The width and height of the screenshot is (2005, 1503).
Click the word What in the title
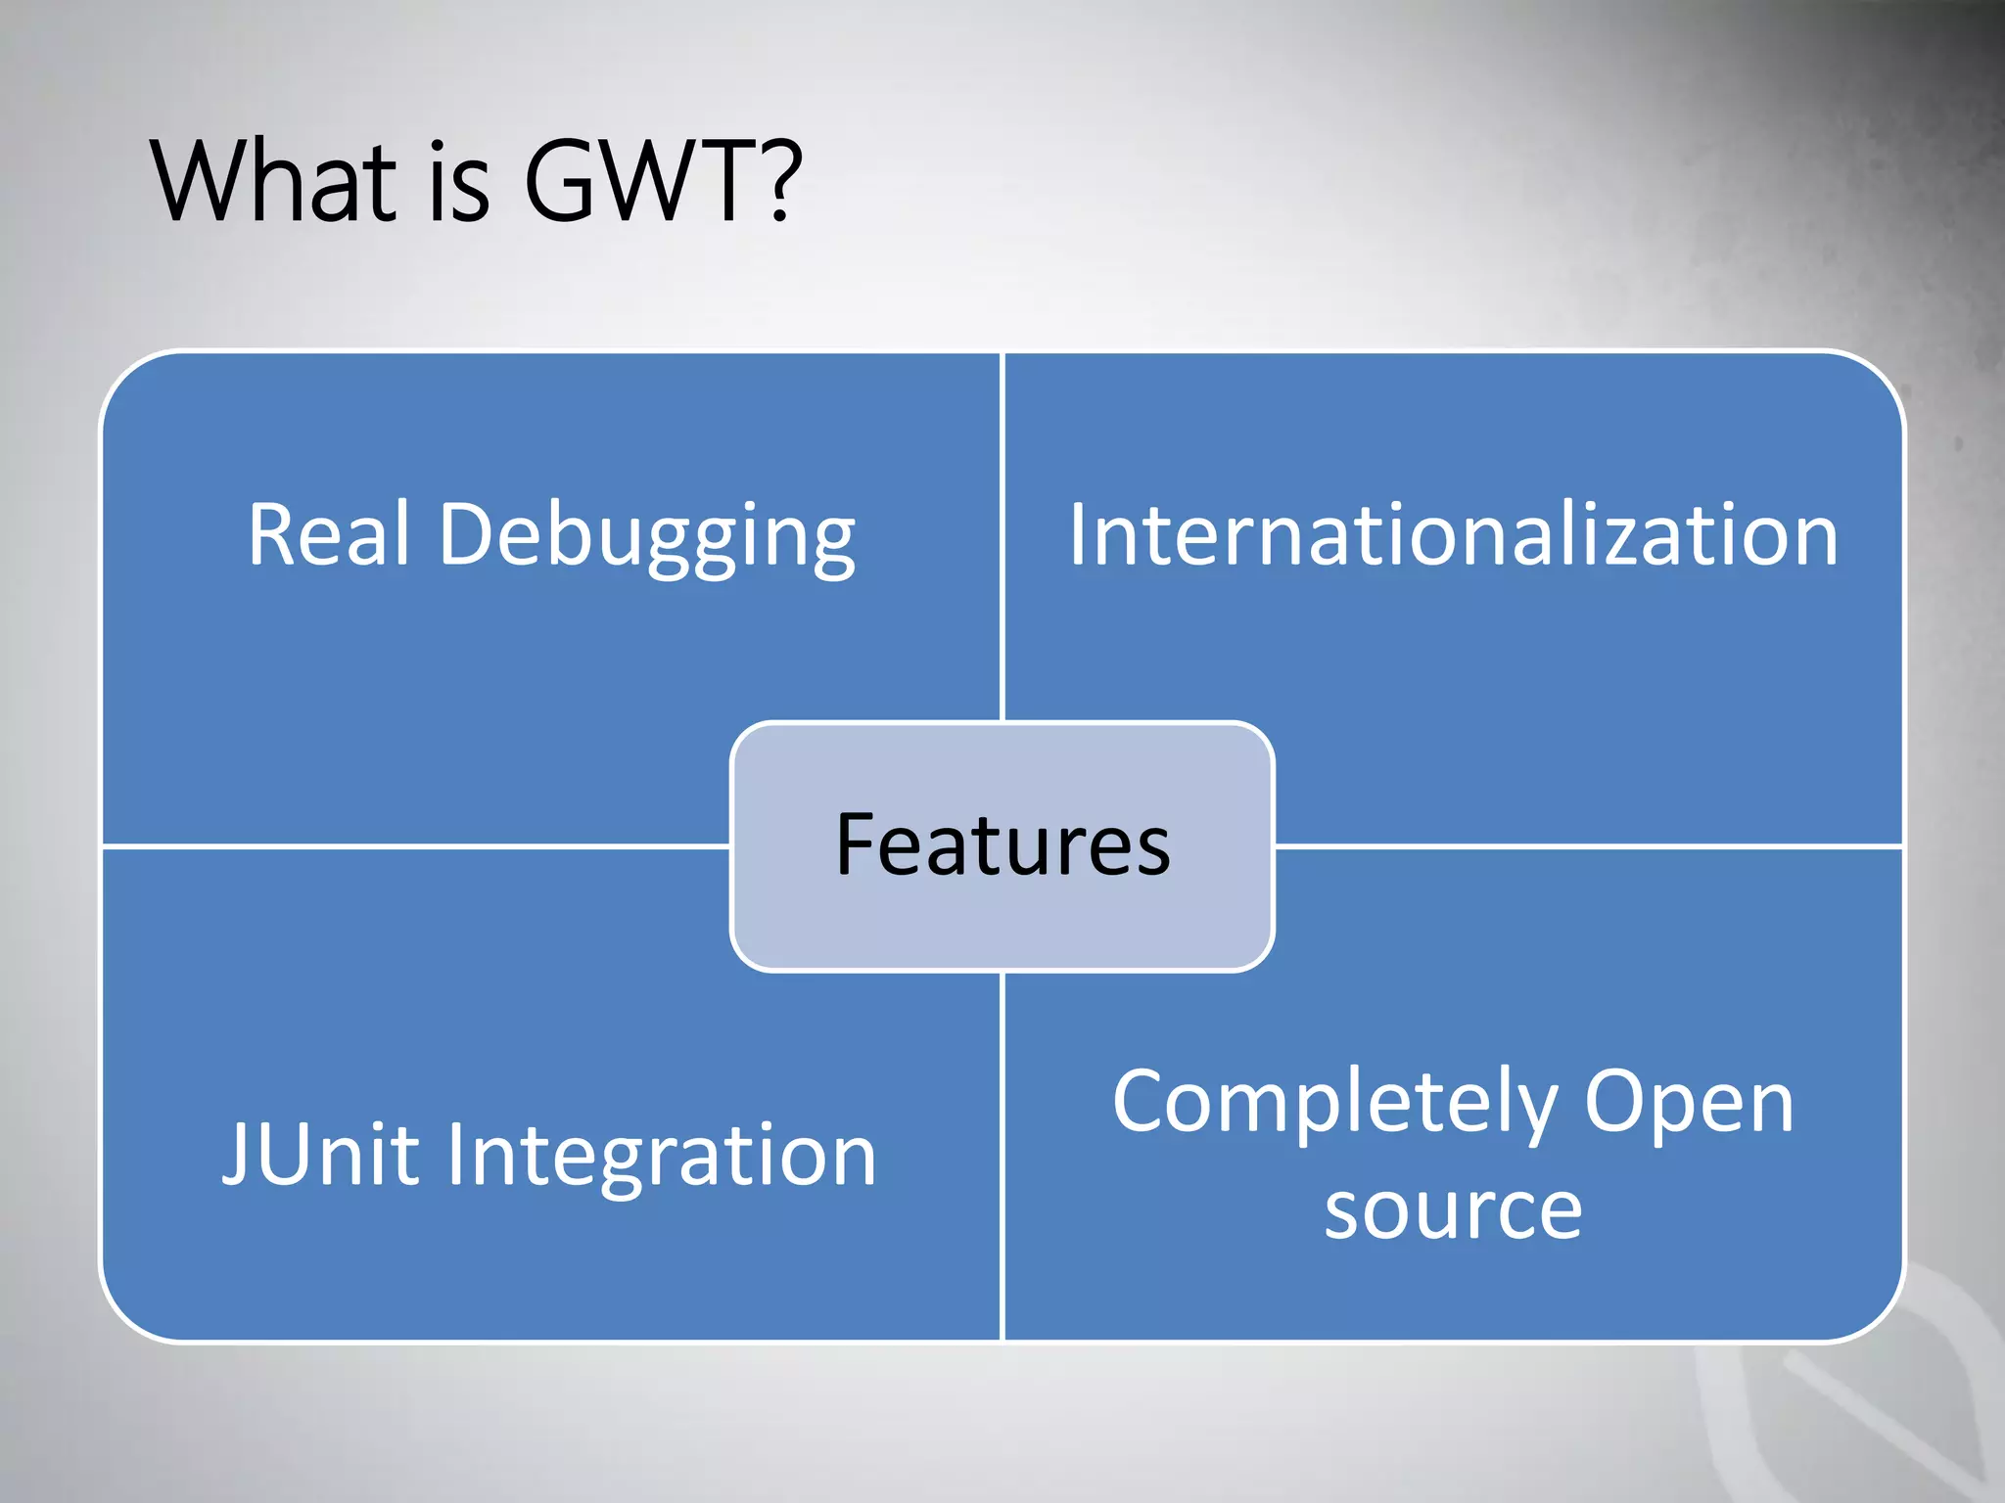[273, 182]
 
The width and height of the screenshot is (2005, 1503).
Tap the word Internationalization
[1453, 534]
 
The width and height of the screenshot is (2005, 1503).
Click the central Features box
[1002, 845]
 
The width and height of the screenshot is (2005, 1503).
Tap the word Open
[1689, 1104]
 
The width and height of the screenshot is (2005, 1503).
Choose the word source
[1453, 1209]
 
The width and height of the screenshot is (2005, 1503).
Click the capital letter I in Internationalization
[1077, 534]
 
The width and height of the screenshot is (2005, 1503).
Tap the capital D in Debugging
[468, 534]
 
